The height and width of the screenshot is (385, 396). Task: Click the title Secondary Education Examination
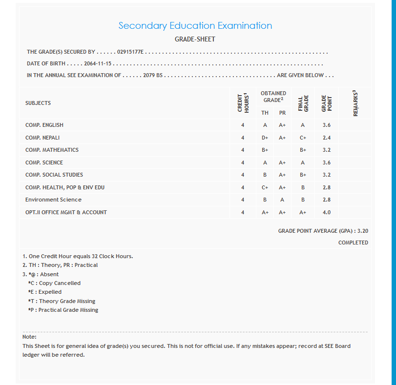tap(195, 26)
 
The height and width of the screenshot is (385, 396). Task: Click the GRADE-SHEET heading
tap(195, 39)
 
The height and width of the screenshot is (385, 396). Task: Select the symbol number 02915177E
tap(131, 52)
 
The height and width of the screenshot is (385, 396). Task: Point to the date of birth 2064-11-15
tap(98, 63)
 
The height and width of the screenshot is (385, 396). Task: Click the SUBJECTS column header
tap(38, 103)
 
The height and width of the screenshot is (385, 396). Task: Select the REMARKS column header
tap(355, 103)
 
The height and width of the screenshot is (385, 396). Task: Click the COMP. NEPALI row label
tap(42, 138)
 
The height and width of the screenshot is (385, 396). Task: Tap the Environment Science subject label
tap(53, 200)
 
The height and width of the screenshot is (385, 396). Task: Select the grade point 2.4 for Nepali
tap(327, 138)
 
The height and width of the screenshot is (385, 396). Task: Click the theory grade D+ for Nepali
tap(265, 138)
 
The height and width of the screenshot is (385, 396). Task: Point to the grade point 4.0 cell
tap(327, 212)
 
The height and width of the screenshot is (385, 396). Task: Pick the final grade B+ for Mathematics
tap(303, 150)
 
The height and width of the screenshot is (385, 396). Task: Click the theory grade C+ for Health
tap(265, 187)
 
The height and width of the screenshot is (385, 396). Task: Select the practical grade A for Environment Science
tap(282, 200)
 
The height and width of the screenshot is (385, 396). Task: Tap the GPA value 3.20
tap(362, 230)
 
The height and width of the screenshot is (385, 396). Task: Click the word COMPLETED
tap(353, 243)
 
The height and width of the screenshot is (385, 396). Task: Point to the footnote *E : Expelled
tap(45, 292)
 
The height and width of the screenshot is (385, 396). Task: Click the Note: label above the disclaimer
tap(29, 337)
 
